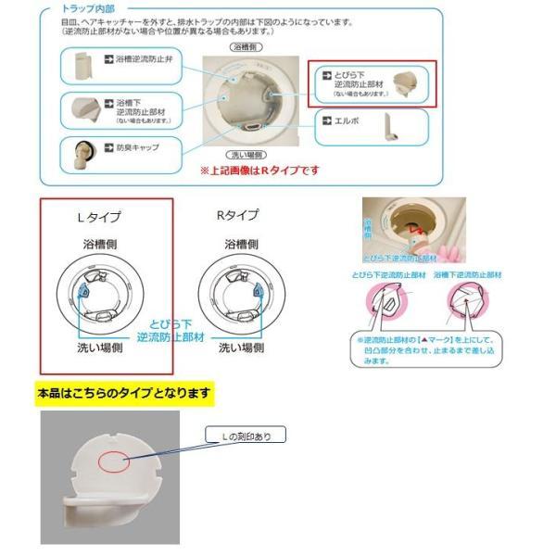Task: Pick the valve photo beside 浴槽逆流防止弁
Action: (81, 67)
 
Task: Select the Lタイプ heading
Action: (99, 217)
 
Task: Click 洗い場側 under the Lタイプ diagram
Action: (102, 348)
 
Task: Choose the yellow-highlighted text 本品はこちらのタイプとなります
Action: (123, 393)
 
